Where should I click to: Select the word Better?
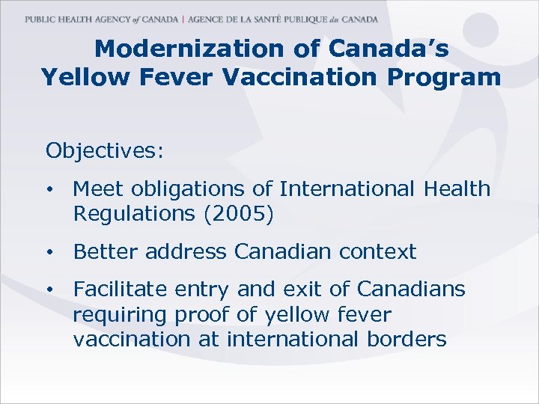click(106, 252)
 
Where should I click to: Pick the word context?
click(373, 252)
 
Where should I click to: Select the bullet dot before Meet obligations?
click(49, 190)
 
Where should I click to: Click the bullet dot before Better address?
click(49, 253)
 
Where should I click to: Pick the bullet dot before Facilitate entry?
click(49, 290)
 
